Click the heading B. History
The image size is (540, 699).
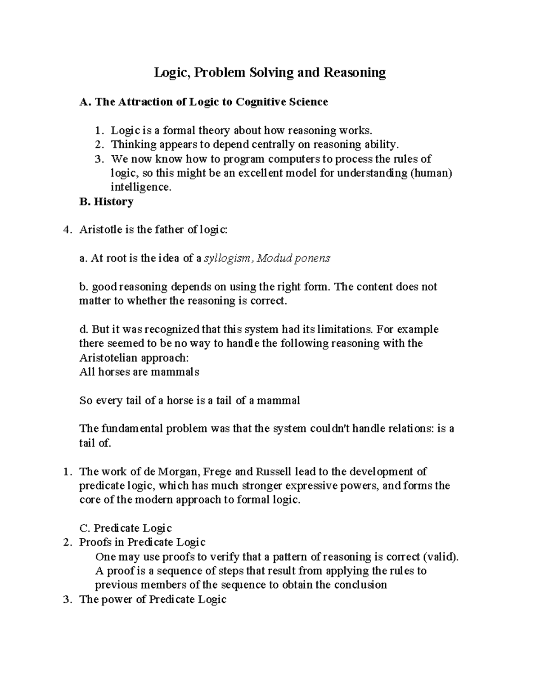(x=106, y=202)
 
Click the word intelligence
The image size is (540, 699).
(x=141, y=187)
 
